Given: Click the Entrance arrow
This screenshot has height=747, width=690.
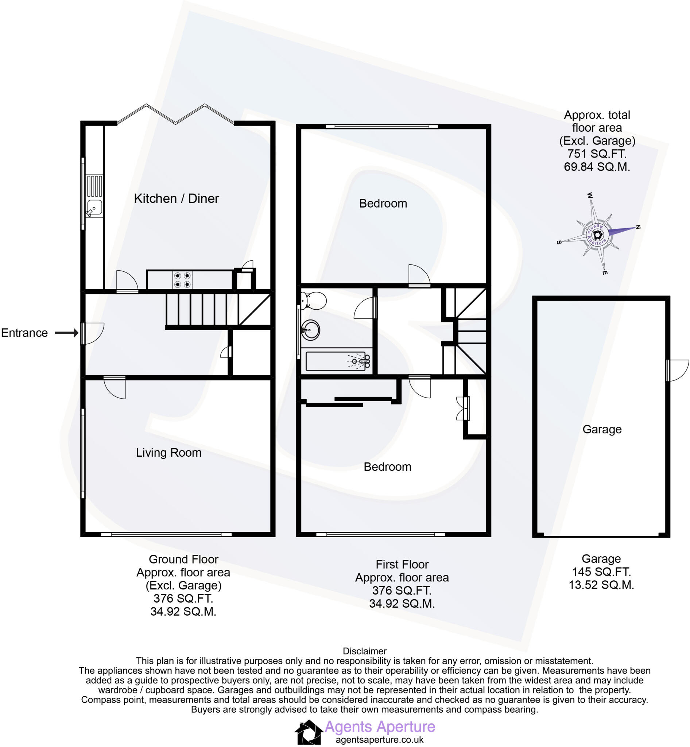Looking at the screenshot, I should point(66,333).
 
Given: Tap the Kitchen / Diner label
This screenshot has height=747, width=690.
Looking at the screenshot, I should point(176,198).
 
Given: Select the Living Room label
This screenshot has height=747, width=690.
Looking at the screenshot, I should point(168,453).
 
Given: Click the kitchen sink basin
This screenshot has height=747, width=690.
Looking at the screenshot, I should point(94,208).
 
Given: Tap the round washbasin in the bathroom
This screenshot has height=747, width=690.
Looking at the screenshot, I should point(310,330).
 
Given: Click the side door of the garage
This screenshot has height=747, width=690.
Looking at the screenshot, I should point(677,370).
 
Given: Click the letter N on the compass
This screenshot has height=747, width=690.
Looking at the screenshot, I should point(638,227).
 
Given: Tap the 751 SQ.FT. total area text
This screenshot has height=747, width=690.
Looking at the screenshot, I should point(597,154).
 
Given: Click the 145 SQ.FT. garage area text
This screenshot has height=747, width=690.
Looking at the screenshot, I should point(601,572).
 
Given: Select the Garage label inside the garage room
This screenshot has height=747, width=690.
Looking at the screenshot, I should point(602,430).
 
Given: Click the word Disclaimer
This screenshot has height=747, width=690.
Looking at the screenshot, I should point(364,651).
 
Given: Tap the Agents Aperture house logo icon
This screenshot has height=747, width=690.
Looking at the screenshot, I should point(309,732).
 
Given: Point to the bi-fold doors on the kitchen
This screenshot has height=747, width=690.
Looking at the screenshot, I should point(175,113).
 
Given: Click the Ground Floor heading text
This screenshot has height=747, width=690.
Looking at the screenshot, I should point(183,559).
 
